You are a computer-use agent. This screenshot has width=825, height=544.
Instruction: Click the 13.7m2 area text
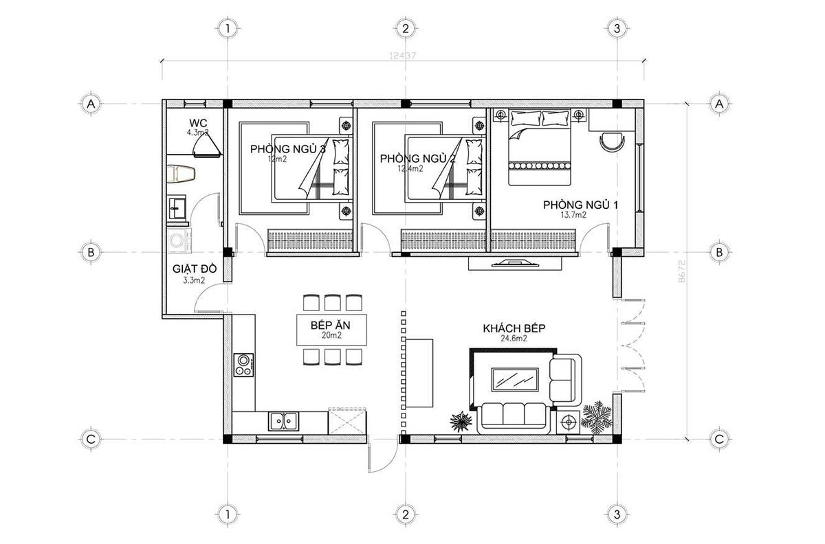(x=573, y=216)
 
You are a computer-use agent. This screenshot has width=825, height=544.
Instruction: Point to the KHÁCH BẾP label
(x=514, y=329)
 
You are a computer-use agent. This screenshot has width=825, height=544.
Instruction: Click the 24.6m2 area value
(x=513, y=339)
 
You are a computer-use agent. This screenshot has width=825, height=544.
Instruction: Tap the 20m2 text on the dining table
(x=331, y=336)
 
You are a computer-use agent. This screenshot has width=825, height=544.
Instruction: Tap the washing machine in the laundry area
(x=179, y=241)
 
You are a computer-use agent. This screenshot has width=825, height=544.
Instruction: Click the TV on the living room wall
(x=514, y=262)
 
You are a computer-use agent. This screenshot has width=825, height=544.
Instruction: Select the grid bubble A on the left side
(x=90, y=104)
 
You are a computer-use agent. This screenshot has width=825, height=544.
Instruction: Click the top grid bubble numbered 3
(x=617, y=29)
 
